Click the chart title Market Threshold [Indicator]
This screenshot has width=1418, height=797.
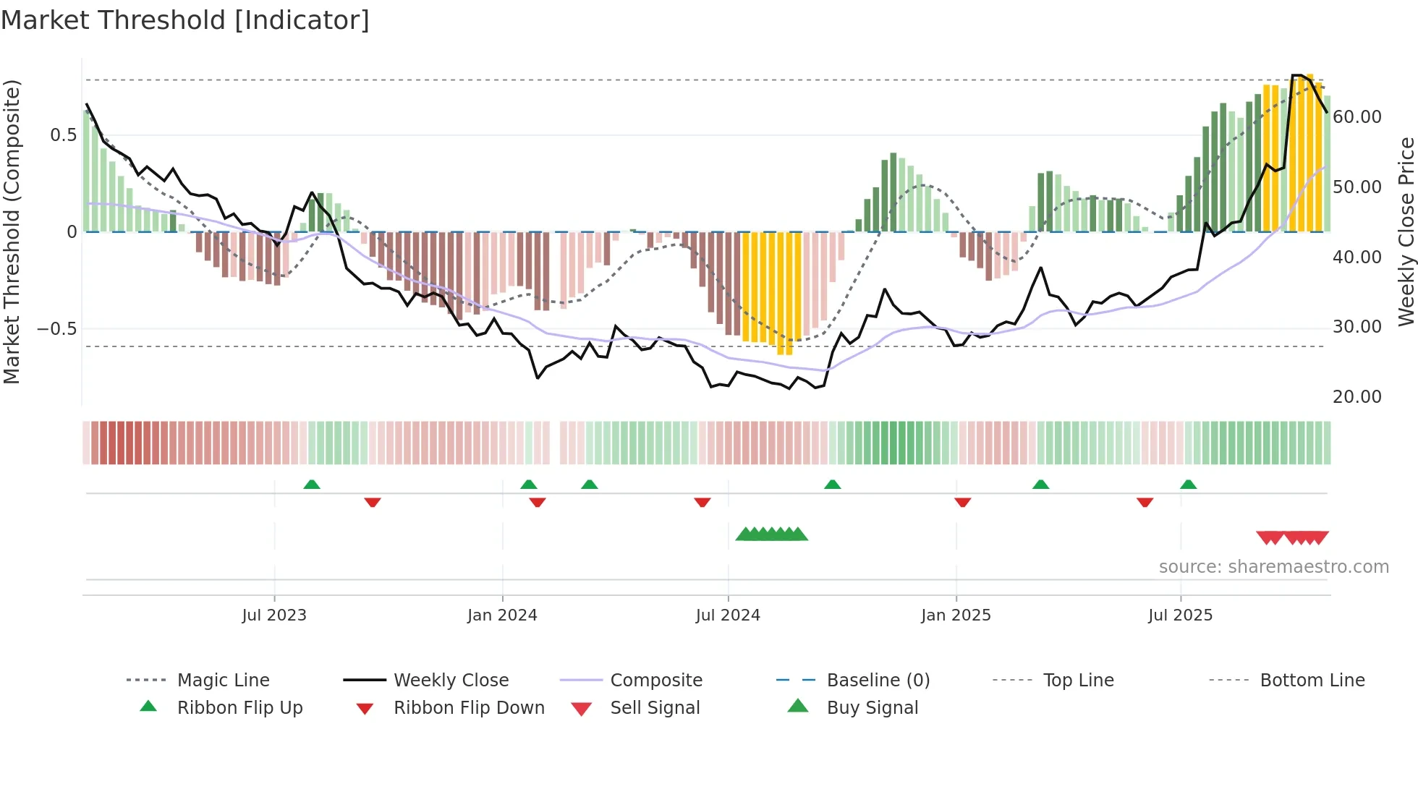click(x=185, y=20)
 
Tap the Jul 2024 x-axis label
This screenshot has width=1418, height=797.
click(x=728, y=615)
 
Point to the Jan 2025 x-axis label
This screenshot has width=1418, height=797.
click(x=956, y=615)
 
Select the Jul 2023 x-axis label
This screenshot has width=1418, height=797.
click(x=274, y=615)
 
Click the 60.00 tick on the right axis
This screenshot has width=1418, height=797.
click(x=1357, y=117)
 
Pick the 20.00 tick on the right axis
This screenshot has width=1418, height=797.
click(x=1357, y=397)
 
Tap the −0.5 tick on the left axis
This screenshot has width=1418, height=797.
click(x=56, y=329)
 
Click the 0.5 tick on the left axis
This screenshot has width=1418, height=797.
click(x=63, y=135)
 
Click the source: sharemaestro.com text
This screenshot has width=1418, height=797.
click(x=1273, y=567)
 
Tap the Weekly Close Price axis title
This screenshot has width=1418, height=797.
click(x=1406, y=231)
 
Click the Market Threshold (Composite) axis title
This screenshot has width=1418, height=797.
click(x=12, y=231)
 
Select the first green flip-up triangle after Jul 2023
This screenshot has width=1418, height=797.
click(x=312, y=484)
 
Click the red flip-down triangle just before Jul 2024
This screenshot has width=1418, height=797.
click(x=702, y=502)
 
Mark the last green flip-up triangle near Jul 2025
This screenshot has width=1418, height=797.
click(x=1188, y=484)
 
